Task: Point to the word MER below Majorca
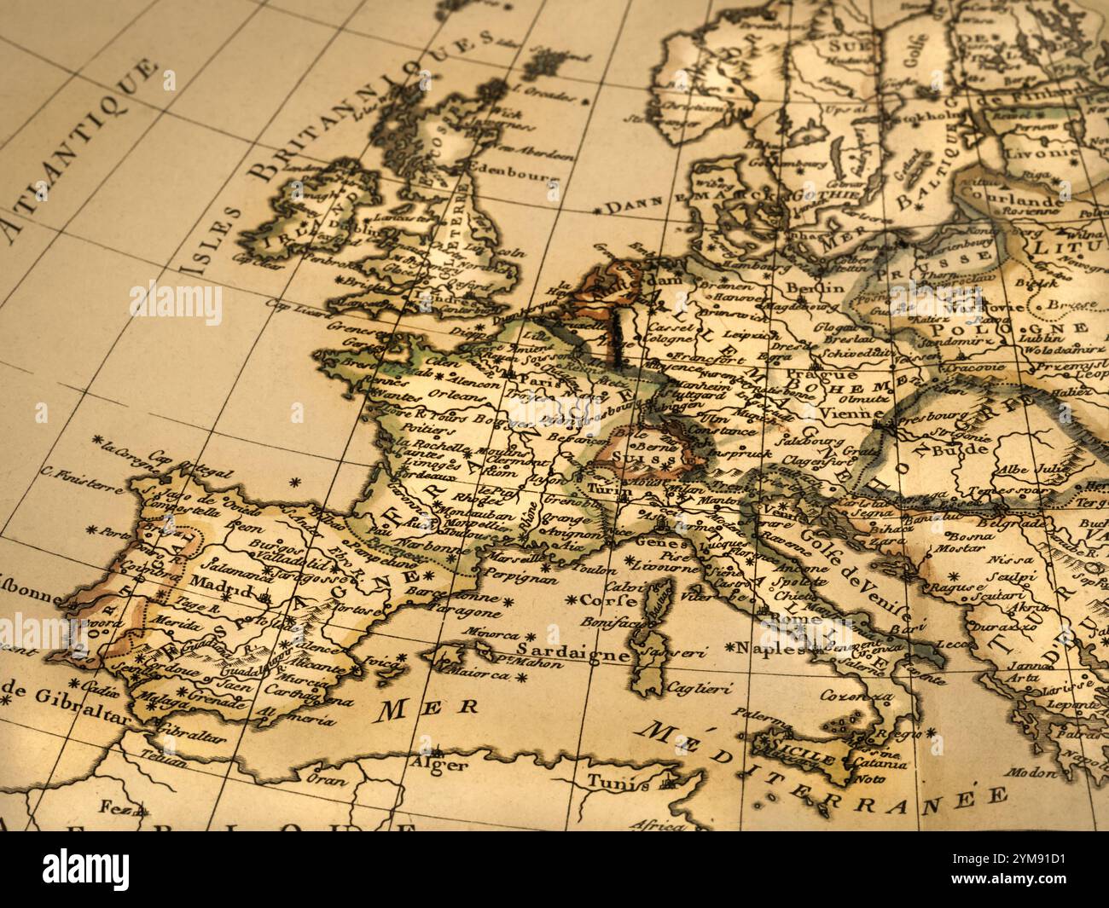pyautogui.click(x=418, y=708)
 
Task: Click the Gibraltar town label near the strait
pyautogui.click(x=189, y=735)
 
